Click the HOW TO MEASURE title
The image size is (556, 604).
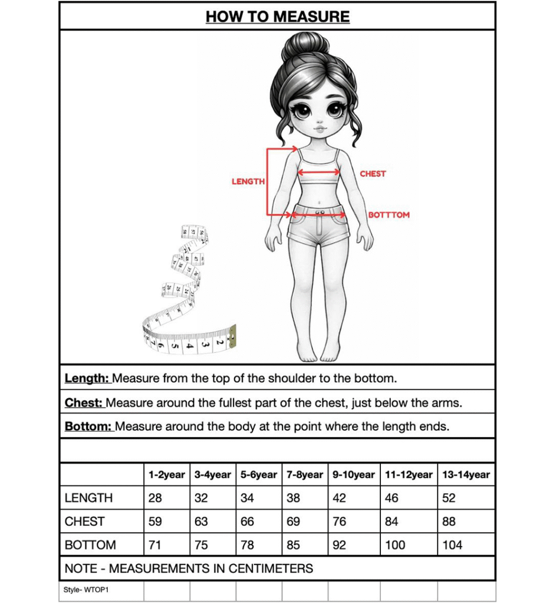point(278,17)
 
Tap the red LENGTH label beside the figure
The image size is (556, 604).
point(248,182)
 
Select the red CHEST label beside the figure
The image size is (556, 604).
point(373,174)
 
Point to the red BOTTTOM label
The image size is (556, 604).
point(389,215)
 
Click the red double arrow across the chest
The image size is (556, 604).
point(318,172)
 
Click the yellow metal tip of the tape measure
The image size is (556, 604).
point(232,334)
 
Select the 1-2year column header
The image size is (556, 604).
point(167,475)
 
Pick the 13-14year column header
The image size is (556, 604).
point(466,475)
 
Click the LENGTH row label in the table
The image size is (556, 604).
point(88,498)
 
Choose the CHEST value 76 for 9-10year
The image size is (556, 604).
point(340,521)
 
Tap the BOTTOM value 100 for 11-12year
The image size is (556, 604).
point(395,545)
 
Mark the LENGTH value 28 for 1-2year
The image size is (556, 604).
point(155,498)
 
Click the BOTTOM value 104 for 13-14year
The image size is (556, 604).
point(452,545)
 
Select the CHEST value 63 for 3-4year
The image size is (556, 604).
point(201,521)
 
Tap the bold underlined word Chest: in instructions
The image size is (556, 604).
point(84,403)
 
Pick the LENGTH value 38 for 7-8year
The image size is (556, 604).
point(293,498)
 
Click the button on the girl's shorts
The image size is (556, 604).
point(319,212)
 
